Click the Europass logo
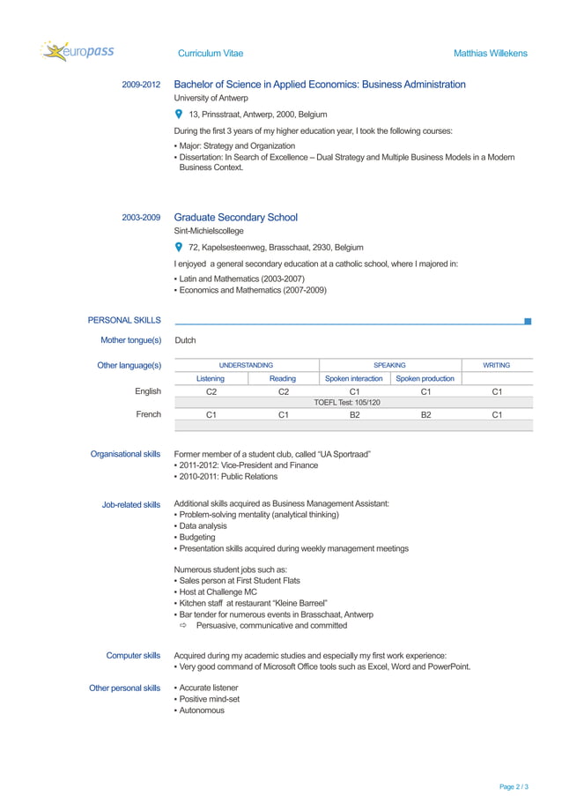(x=77, y=52)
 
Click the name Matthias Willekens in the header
(x=490, y=54)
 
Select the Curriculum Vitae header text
(x=211, y=54)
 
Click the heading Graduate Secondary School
(x=235, y=218)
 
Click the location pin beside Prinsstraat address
(x=179, y=115)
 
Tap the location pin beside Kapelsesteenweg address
(x=179, y=248)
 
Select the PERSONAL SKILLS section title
(x=124, y=321)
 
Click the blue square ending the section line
(x=528, y=322)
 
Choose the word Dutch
(x=185, y=340)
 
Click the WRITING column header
(x=497, y=365)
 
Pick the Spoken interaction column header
(x=354, y=379)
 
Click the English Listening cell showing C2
(x=211, y=391)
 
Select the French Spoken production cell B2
(x=425, y=414)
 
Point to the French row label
(x=148, y=414)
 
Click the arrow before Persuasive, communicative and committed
(x=184, y=626)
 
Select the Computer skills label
(x=133, y=656)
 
